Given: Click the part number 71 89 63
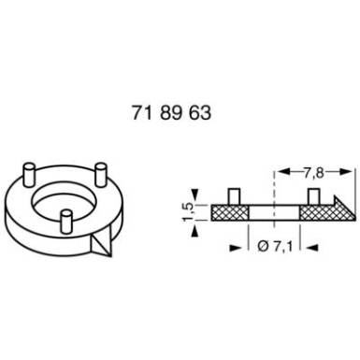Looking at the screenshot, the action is pyautogui.click(x=171, y=112).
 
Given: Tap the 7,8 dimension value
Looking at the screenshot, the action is pyautogui.click(x=313, y=173).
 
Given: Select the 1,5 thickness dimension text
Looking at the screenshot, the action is pyautogui.click(x=189, y=212).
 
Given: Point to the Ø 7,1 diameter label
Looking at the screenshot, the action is pyautogui.click(x=275, y=247).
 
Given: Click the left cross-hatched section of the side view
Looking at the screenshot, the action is pyautogui.click(x=230, y=213).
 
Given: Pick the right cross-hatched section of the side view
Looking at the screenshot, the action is pyautogui.click(x=324, y=213).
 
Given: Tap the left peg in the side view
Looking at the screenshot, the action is pyautogui.click(x=234, y=196).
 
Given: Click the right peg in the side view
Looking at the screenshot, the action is pyautogui.click(x=314, y=196).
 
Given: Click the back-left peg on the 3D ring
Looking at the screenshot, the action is pyautogui.click(x=29, y=175).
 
